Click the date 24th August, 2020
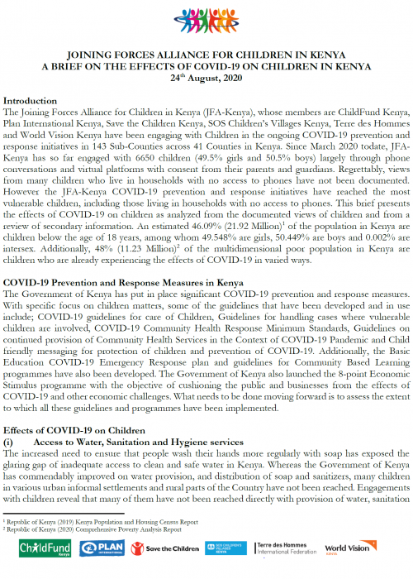pyautogui.click(x=206, y=78)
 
